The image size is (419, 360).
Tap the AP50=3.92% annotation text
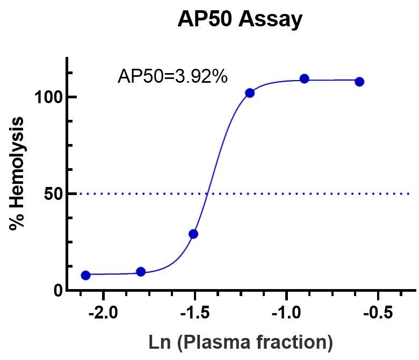click(172, 77)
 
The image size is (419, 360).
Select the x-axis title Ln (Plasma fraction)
click(240, 341)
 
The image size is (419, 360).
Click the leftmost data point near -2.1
click(85, 275)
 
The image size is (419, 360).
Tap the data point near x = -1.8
click(141, 271)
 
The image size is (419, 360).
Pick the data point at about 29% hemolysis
click(193, 234)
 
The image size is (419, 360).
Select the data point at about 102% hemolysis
click(249, 93)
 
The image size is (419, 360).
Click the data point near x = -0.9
click(304, 79)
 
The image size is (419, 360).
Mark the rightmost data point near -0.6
click(359, 82)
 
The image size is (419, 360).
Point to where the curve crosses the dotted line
click(207, 193)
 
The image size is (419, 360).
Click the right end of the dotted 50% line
click(409, 193)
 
